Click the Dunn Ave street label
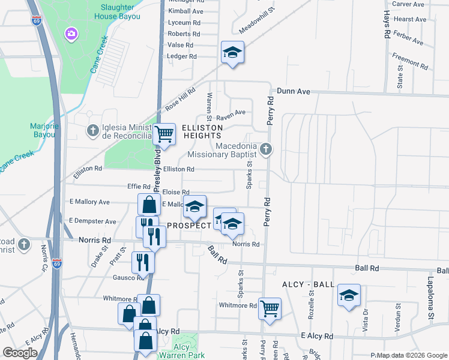[293, 91]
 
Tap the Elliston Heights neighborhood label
[194, 131]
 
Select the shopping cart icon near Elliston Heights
[164, 134]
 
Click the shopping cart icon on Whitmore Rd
[270, 308]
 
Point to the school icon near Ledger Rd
[232, 52]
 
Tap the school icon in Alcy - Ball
[349, 295]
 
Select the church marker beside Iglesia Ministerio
[92, 130]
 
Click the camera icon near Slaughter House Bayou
[71, 33]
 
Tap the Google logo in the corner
[20, 352]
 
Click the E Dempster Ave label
[93, 221]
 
